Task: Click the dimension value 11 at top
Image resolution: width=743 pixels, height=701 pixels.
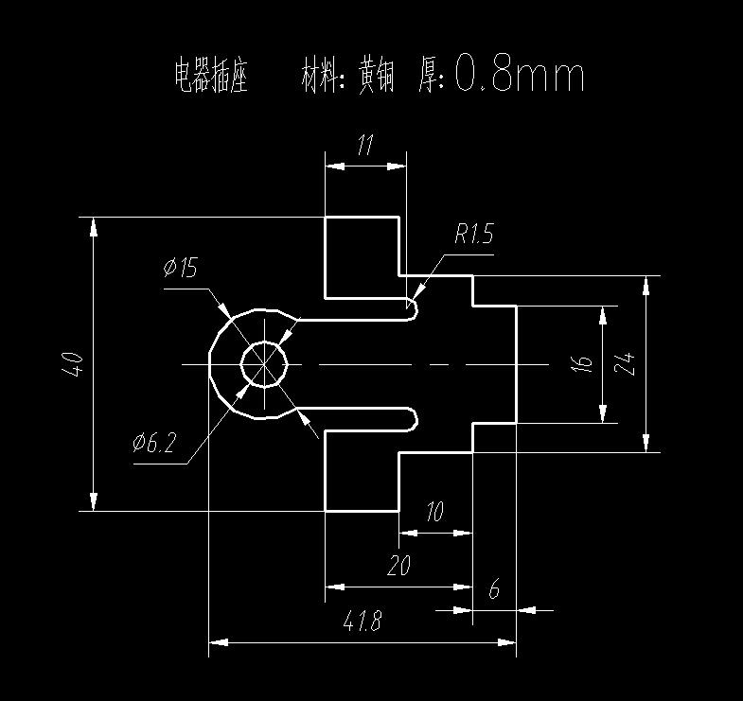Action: [x=364, y=146]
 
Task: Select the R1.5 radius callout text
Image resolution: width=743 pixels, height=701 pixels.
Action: [x=473, y=234]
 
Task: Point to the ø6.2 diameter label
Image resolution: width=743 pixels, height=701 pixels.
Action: [x=155, y=442]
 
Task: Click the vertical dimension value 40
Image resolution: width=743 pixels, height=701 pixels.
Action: [x=74, y=364]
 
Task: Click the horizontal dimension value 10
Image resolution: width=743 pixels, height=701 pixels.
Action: [x=434, y=513]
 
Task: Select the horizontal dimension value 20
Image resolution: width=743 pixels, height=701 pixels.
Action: [x=398, y=566]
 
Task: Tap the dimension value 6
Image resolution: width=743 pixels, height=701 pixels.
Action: [x=493, y=589]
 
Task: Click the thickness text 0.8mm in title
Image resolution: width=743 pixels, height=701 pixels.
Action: [x=520, y=74]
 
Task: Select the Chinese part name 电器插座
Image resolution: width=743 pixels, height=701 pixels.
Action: [x=211, y=76]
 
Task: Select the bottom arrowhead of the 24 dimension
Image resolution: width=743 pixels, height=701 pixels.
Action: [x=646, y=444]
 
